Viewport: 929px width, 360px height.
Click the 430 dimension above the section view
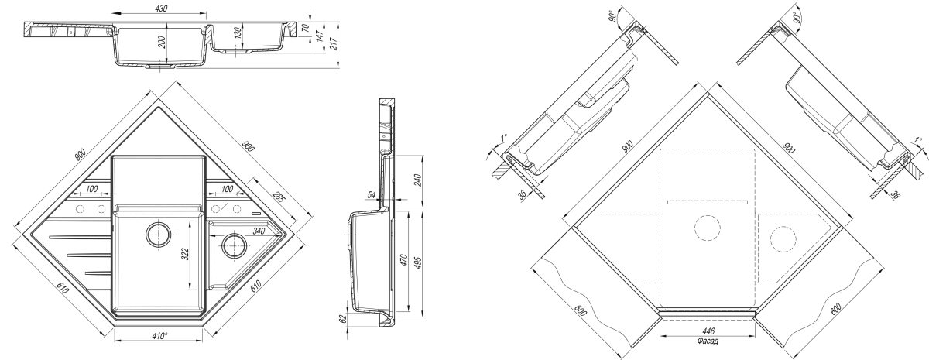pos(161,8)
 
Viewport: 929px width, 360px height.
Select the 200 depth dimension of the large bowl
pos(162,43)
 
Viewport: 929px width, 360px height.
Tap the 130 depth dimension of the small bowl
pos(238,33)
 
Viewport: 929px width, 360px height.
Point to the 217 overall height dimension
pos(334,43)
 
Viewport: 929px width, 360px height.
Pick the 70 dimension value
pos(305,28)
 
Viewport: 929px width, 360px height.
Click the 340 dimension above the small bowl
pos(259,231)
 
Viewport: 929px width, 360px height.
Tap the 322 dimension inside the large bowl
pos(185,254)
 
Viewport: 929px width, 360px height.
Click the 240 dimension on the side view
pos(417,180)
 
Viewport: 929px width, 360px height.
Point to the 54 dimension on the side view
pos(371,195)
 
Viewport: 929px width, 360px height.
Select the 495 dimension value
pos(417,262)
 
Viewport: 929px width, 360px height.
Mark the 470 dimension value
pos(405,260)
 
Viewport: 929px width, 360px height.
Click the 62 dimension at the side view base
pos(342,319)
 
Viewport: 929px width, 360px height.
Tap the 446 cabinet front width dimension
pos(708,332)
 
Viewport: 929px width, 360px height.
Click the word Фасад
pos(708,341)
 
